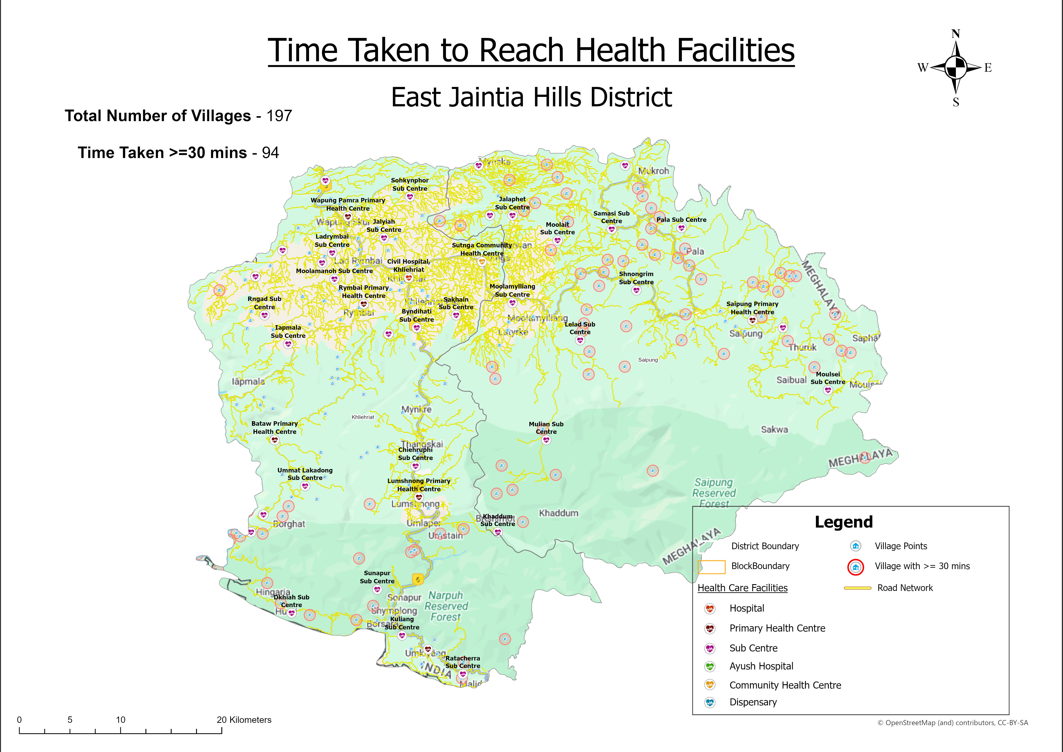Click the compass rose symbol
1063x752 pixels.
(956, 68)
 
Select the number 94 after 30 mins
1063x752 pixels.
(270, 153)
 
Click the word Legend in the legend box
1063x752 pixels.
(844, 522)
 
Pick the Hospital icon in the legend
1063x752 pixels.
(710, 608)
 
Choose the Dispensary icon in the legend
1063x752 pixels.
(710, 702)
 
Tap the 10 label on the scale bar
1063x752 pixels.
(121, 720)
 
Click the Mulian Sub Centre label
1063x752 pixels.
(546, 428)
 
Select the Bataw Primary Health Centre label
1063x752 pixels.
(274, 427)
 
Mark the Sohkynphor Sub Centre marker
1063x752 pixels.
(410, 197)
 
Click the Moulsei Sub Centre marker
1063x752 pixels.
(828, 390)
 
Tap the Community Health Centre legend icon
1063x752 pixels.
(710, 685)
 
